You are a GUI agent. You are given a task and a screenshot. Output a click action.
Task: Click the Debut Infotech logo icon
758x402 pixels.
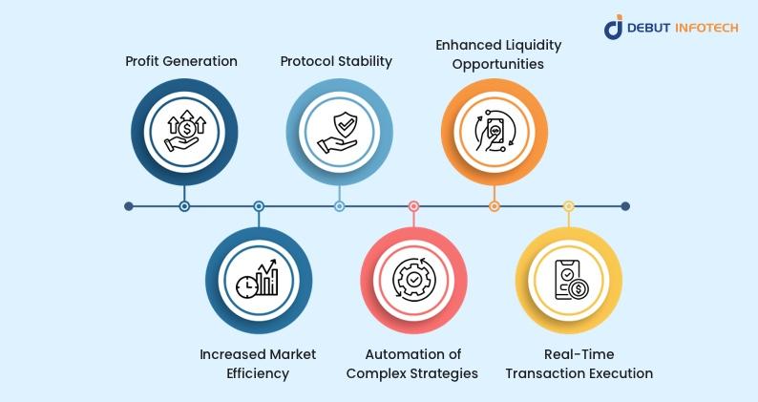613,27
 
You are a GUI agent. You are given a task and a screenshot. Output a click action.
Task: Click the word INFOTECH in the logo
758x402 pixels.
706,28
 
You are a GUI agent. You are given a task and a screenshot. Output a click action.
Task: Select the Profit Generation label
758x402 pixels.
181,61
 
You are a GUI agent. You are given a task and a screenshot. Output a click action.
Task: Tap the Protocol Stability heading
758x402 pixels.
336,61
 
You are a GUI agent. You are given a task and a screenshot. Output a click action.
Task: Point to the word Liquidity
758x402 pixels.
532,45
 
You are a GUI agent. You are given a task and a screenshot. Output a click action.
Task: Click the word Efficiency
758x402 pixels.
258,373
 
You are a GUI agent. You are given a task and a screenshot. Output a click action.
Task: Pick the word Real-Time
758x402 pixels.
579,354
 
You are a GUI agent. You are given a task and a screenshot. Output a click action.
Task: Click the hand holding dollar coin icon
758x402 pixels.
184,131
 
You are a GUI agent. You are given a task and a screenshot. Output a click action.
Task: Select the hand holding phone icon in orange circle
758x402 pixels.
495,132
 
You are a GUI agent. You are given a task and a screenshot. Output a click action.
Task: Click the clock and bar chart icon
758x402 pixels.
258,279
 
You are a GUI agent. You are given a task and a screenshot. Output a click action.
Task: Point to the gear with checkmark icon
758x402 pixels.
413,280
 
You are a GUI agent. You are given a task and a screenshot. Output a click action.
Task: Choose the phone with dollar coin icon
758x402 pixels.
571,280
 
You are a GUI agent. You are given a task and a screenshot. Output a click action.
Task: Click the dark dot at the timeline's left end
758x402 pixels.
129,206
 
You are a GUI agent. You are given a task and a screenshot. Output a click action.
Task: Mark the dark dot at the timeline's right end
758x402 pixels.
625,206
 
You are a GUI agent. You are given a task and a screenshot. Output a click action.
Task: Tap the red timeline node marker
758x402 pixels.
413,206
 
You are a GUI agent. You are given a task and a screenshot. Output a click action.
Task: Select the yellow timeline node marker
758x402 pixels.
569,206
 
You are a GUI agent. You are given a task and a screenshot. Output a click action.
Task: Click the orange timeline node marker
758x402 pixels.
495,206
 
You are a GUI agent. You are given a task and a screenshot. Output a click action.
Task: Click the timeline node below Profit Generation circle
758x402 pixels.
184,206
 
